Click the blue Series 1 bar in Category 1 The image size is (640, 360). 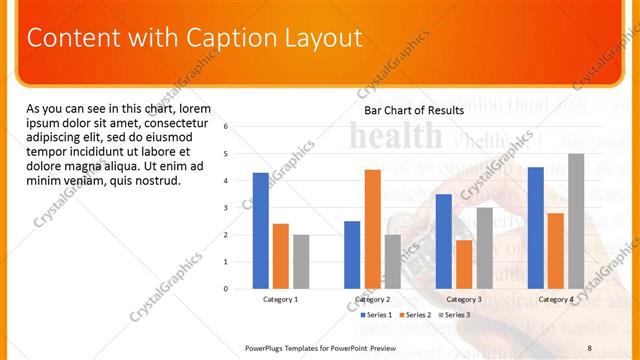click(x=260, y=230)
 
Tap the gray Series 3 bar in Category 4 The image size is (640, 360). click(x=576, y=221)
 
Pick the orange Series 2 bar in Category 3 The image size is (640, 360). click(x=464, y=264)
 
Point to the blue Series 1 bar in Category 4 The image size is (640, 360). click(x=535, y=227)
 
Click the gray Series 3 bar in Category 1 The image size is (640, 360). click(x=301, y=261)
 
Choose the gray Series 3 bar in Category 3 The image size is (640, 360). click(x=484, y=248)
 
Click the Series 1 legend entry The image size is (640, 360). click(x=375, y=315)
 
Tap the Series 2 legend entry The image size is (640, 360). click(x=414, y=315)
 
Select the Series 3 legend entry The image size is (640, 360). click(x=453, y=315)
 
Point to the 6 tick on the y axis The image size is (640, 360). click(x=226, y=127)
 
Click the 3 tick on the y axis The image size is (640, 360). click(x=226, y=208)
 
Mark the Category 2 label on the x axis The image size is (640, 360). click(x=372, y=299)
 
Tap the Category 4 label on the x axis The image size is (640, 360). click(x=556, y=299)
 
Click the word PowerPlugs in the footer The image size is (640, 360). click(x=267, y=347)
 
